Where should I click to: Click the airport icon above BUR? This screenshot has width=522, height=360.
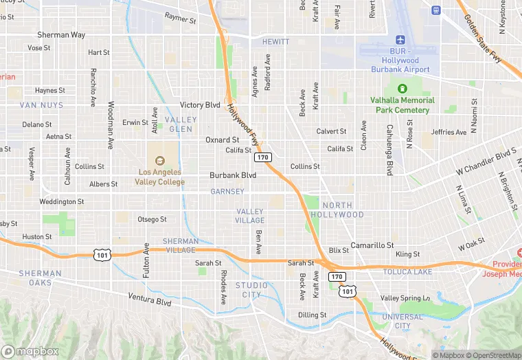click(402, 39)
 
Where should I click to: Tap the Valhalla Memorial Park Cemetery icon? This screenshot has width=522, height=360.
click(402, 89)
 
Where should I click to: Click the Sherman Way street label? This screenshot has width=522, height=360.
click(60, 35)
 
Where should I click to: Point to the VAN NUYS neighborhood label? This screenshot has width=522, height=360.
click(41, 105)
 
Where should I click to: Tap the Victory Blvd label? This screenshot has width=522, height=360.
click(200, 105)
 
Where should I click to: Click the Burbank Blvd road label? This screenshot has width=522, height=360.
click(233, 175)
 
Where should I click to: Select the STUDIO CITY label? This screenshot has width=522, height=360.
click(252, 290)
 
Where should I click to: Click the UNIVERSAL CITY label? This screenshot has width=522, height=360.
click(402, 321)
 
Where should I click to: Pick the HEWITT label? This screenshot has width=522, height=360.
click(276, 42)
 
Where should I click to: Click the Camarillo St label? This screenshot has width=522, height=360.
click(372, 245)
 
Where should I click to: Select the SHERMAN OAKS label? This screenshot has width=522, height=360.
click(40, 278)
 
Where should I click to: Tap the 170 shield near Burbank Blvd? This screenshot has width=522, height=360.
click(262, 158)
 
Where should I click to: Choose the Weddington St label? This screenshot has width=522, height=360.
click(61, 202)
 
